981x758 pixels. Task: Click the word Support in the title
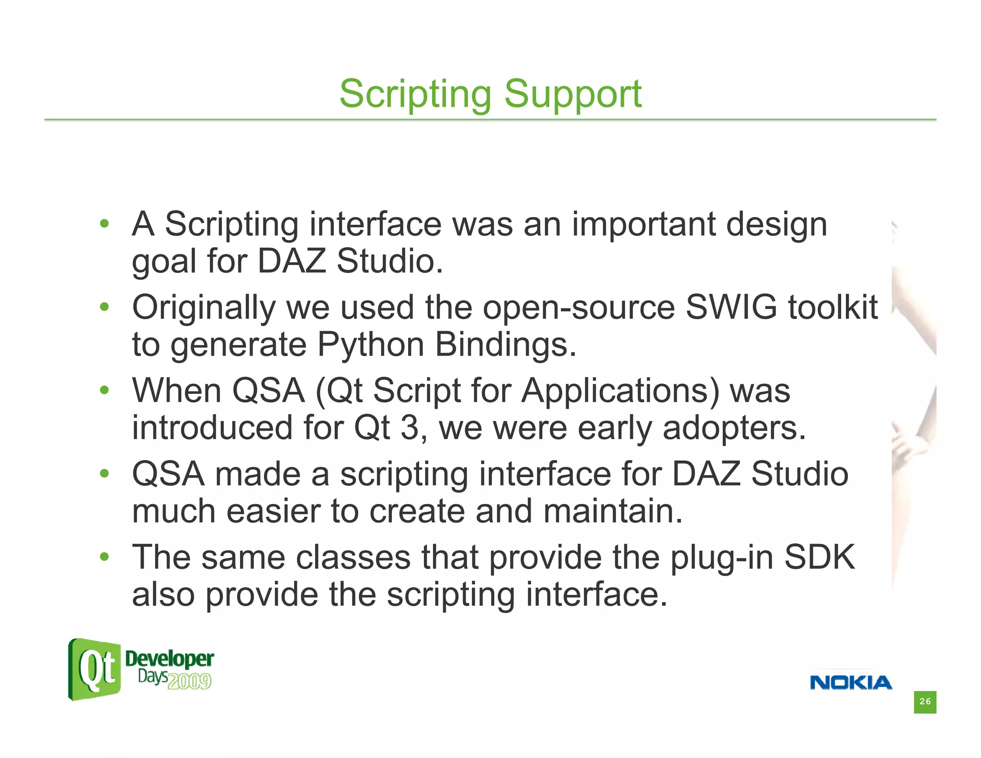(x=572, y=94)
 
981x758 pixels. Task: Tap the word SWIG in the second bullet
(x=731, y=307)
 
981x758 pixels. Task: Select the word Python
(x=371, y=345)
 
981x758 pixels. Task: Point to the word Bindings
(x=505, y=345)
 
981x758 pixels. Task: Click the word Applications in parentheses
(x=620, y=390)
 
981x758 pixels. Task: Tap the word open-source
(x=579, y=308)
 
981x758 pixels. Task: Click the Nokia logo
(x=851, y=682)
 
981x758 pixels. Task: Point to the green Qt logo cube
(x=94, y=669)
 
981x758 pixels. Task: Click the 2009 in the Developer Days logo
(x=190, y=681)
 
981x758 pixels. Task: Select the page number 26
(x=925, y=701)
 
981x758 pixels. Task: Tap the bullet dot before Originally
(x=104, y=307)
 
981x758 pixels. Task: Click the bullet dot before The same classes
(x=104, y=557)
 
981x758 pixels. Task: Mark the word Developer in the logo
(x=169, y=659)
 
